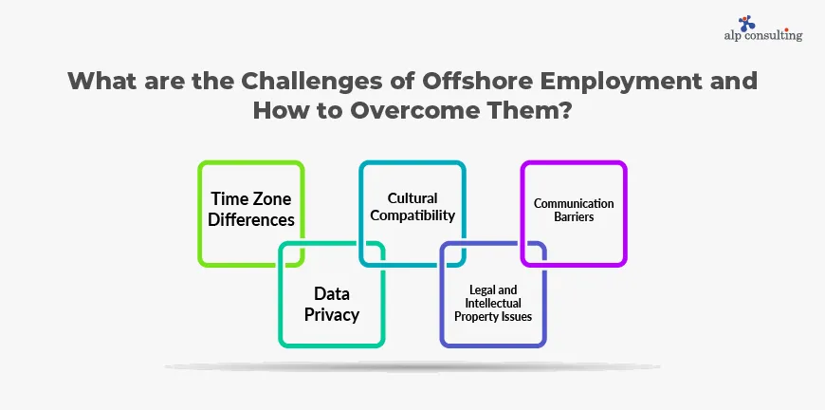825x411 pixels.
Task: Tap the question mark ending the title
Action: tap(567, 108)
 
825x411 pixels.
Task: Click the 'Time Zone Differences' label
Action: tap(252, 209)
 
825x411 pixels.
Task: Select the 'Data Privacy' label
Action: tap(332, 304)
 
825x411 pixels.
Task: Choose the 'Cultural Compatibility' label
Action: tap(413, 207)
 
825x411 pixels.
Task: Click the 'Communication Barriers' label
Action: tap(574, 209)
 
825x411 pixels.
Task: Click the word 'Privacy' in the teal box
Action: tap(332, 314)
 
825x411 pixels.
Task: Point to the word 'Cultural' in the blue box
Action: tap(412, 198)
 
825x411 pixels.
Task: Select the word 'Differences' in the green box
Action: tap(252, 219)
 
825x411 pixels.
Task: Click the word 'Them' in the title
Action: tap(523, 108)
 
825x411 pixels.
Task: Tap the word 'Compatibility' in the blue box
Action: tap(413, 215)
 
